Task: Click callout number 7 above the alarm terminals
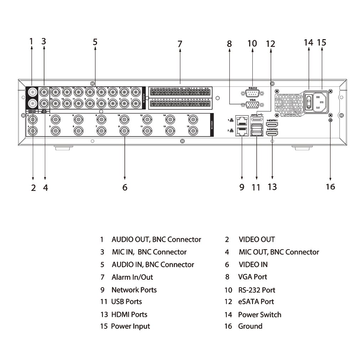tap(180, 44)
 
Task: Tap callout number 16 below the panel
tap(330, 187)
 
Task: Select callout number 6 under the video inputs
tap(125, 187)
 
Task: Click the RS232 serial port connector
tap(252, 93)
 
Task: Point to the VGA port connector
tap(252, 105)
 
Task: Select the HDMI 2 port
tap(272, 134)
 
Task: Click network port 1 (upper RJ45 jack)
tap(242, 120)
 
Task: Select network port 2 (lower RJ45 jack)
tap(242, 132)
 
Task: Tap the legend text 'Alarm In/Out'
tap(132, 277)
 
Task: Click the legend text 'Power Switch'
tap(259, 315)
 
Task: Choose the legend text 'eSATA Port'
tap(256, 302)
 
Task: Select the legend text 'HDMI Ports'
tap(129, 315)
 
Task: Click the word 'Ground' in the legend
tap(250, 326)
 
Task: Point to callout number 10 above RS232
tap(252, 43)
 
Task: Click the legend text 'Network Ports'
tap(134, 290)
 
